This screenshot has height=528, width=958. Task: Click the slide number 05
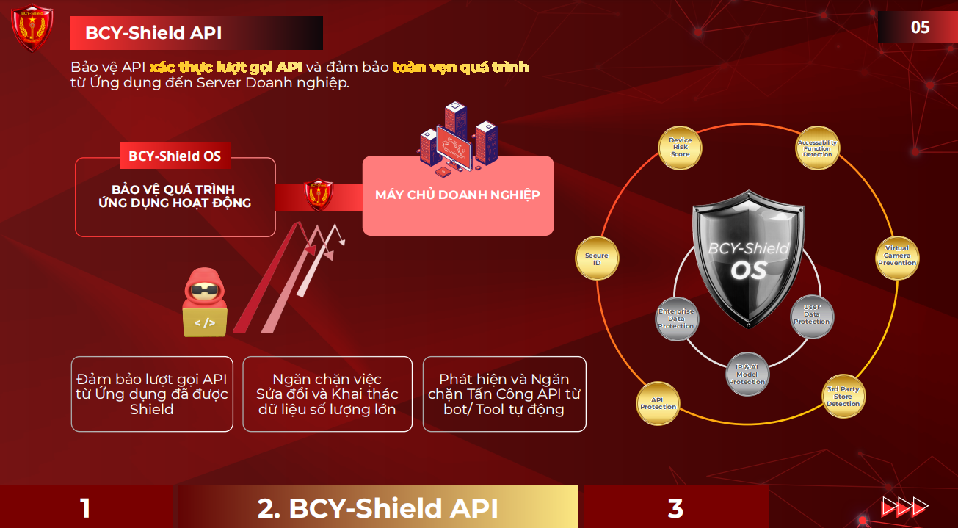click(x=920, y=27)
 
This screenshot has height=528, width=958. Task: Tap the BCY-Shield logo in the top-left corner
click(x=32, y=28)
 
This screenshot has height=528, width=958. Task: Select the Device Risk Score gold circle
click(x=680, y=148)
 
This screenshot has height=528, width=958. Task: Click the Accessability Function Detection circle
click(x=817, y=148)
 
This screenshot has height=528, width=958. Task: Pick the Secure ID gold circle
click(x=597, y=258)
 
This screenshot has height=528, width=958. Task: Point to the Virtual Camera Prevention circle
click(x=897, y=258)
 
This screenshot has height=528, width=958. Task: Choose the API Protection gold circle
click(x=658, y=403)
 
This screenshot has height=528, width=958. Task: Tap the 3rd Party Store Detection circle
click(x=843, y=397)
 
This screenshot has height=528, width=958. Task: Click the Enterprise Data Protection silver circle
click(x=676, y=319)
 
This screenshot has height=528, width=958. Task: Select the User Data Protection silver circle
click(x=812, y=317)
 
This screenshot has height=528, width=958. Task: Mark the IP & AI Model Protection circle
click(x=747, y=375)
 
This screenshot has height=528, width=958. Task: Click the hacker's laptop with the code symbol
click(x=205, y=322)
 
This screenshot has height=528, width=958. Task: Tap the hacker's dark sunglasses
click(x=204, y=291)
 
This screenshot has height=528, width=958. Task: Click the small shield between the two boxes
click(x=318, y=195)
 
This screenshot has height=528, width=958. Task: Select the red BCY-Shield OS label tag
click(x=175, y=156)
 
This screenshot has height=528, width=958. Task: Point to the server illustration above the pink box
click(x=457, y=139)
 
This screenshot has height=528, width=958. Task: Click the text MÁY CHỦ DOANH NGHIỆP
click(x=457, y=195)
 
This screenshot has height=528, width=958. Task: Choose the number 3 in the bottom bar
click(x=675, y=508)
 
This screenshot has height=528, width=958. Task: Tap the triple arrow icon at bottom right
click(x=904, y=507)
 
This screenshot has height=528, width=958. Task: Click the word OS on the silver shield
click(x=749, y=270)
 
